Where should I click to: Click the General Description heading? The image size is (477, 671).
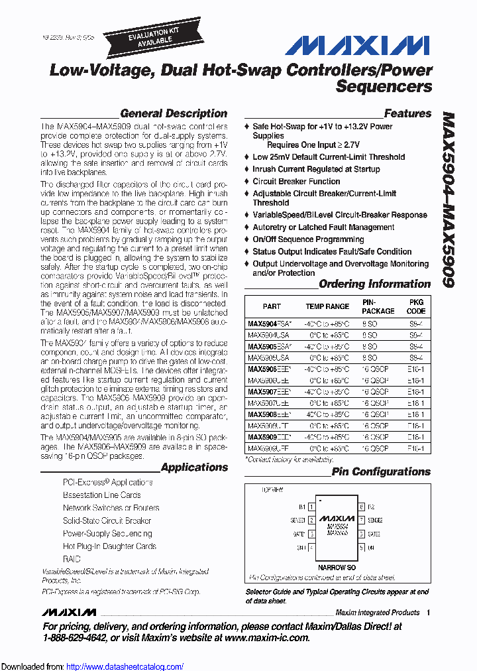pos(174,113)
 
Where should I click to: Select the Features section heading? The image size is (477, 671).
pos(407,113)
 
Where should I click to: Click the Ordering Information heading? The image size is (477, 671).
pos(374,284)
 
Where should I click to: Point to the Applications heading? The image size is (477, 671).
pos(194,467)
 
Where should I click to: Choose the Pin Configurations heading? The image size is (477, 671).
pos(381,472)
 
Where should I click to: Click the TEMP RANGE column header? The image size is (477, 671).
pos(327,306)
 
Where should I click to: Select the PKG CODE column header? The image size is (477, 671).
pos(416,306)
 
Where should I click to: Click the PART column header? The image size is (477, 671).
pos(272,306)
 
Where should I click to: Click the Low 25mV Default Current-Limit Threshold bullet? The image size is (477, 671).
pos(329,157)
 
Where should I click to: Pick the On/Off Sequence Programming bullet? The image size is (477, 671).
pos(308,239)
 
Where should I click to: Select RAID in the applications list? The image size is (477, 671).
pos(72,559)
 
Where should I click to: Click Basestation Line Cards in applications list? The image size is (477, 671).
pos(101,495)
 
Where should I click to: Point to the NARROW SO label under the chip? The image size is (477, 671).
pos(337,568)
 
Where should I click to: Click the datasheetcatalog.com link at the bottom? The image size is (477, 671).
pos(125,666)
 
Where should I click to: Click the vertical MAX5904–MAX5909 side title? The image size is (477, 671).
pos(448,199)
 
